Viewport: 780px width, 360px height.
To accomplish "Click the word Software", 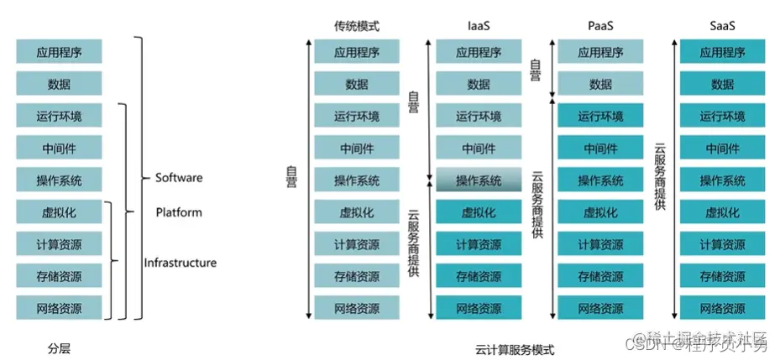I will coord(179,178).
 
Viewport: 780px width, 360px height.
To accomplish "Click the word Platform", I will coord(179,212).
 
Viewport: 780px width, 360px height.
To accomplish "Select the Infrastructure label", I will coord(180,263).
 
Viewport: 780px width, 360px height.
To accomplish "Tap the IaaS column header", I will coord(479,26).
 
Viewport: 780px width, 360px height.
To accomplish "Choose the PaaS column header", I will coord(600,26).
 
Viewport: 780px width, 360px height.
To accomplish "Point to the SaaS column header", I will coord(722,26).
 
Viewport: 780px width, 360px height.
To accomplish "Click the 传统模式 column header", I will coord(356,26).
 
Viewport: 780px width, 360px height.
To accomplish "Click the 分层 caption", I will coord(59,347).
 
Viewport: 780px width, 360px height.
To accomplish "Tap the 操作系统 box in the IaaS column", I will coord(479,180).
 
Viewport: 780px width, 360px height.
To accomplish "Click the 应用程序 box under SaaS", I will coord(722,52).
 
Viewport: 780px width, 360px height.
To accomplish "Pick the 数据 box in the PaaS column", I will coord(600,84).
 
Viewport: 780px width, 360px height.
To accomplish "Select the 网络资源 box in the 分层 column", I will coord(59,307).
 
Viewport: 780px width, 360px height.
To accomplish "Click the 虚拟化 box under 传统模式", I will coord(356,212).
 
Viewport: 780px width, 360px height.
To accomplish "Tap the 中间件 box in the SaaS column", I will coord(722,149).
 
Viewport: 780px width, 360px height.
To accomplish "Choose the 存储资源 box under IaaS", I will coord(479,276).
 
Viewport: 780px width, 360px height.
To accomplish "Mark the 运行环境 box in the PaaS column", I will coord(600,116).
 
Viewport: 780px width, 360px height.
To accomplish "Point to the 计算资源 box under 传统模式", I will coord(356,244).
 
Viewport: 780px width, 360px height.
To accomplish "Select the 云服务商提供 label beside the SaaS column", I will coord(660,176).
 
